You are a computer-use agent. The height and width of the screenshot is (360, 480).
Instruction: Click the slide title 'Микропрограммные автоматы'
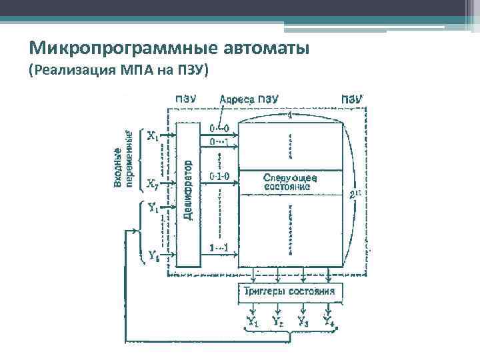pyautogui.click(x=170, y=49)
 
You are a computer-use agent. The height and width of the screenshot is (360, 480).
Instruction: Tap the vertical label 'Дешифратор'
pyautogui.click(x=189, y=189)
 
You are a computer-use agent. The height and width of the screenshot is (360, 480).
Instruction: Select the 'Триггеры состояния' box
pyautogui.click(x=291, y=291)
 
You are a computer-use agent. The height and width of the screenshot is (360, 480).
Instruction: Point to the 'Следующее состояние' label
pyautogui.click(x=291, y=182)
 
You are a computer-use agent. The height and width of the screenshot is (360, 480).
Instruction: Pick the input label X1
pyautogui.click(x=153, y=136)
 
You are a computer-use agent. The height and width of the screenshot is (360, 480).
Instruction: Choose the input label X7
pyautogui.click(x=153, y=183)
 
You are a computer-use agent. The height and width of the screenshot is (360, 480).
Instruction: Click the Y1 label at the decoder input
pyautogui.click(x=153, y=208)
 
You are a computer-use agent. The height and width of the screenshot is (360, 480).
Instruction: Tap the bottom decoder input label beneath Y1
pyautogui.click(x=153, y=255)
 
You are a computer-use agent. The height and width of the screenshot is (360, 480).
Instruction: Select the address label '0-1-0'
pyautogui.click(x=219, y=176)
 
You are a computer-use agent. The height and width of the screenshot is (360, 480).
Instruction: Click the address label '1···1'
pyautogui.click(x=219, y=248)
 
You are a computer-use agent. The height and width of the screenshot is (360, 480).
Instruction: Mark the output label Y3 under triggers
pyautogui.click(x=303, y=322)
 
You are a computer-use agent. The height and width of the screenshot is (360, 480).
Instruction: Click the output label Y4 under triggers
pyautogui.click(x=328, y=322)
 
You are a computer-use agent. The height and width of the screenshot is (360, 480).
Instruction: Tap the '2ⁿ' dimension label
pyautogui.click(x=355, y=195)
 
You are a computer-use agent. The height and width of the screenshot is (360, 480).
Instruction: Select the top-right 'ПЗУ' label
pyautogui.click(x=352, y=99)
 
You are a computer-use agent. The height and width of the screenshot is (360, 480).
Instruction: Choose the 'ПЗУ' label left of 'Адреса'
pyautogui.click(x=185, y=99)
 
